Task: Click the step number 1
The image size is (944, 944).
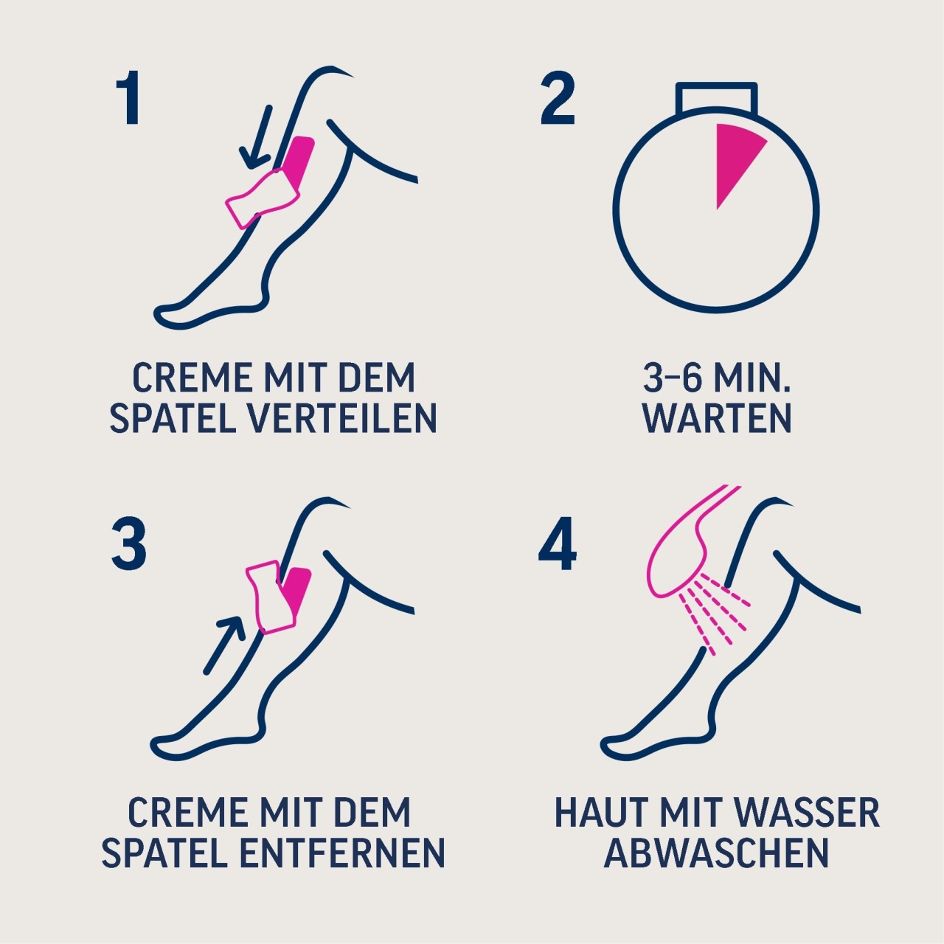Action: click(128, 97)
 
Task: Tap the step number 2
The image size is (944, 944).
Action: click(558, 97)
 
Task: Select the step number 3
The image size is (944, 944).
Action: click(129, 544)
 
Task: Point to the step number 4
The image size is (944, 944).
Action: click(558, 544)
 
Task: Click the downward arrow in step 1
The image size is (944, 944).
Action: click(256, 137)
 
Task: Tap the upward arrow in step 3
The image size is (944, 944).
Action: click(224, 644)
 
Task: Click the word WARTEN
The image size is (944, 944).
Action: click(717, 419)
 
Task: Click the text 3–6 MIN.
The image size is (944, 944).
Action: click(717, 378)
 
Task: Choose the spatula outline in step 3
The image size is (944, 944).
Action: click(271, 597)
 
